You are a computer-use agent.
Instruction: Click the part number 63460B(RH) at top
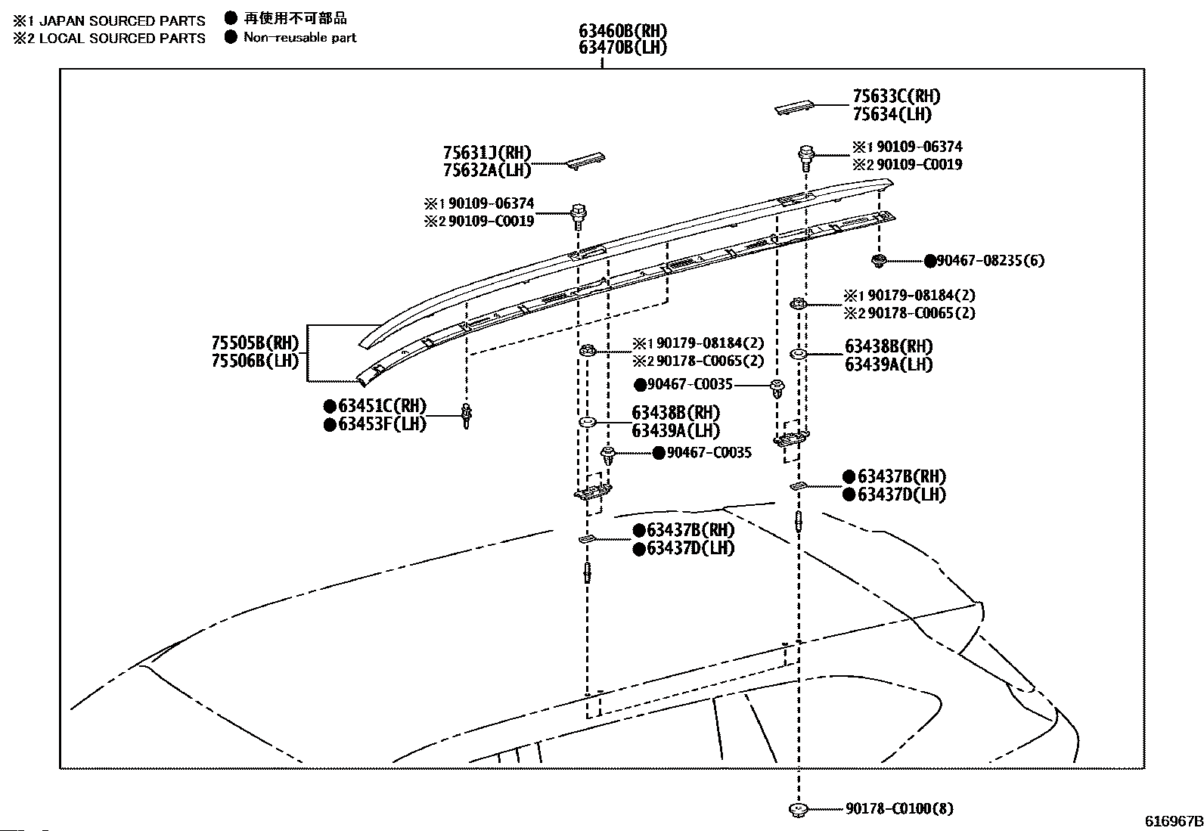click(622, 31)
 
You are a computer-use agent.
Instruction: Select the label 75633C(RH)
click(896, 96)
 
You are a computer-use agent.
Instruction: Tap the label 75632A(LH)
click(487, 170)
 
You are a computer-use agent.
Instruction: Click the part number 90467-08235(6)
click(991, 261)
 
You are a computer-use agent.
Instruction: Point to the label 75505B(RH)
click(255, 343)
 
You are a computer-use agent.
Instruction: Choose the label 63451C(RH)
click(382, 406)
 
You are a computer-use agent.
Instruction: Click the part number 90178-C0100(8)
click(899, 808)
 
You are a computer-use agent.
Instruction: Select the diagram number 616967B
click(1174, 821)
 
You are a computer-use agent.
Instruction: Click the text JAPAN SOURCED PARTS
click(122, 21)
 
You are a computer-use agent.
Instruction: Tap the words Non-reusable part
click(300, 37)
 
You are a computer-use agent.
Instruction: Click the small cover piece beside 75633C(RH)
click(793, 107)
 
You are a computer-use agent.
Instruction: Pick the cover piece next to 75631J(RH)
click(585, 160)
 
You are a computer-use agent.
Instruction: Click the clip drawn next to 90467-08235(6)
click(879, 261)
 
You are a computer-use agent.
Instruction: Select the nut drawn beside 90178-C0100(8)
click(798, 809)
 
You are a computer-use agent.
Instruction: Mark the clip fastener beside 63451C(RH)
click(467, 416)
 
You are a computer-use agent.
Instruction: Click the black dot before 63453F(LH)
click(330, 425)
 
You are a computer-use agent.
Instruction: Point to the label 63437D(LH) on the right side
click(902, 495)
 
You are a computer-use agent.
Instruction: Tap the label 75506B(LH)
click(255, 360)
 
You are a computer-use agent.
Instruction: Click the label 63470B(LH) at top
click(622, 48)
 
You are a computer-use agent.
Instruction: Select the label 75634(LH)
click(892, 114)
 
